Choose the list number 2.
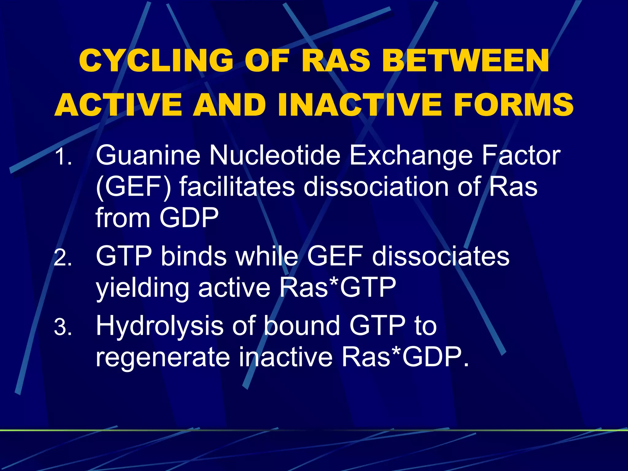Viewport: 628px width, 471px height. click(x=63, y=258)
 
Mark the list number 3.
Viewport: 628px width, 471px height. click(x=63, y=327)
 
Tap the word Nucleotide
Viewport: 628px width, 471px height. click(x=275, y=156)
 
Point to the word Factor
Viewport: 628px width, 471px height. click(x=521, y=156)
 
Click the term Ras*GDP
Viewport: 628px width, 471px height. click(x=405, y=357)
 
